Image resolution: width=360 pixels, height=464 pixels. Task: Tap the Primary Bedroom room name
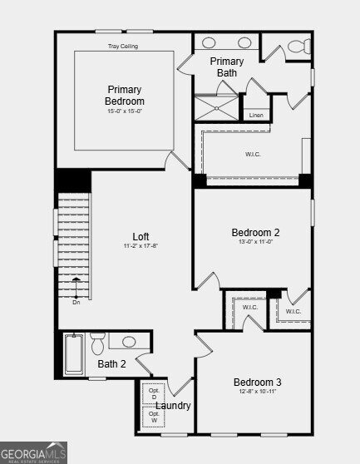click(x=124, y=96)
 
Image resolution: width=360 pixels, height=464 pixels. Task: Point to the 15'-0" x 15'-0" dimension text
click(x=124, y=111)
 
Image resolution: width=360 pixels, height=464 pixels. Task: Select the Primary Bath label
click(x=226, y=67)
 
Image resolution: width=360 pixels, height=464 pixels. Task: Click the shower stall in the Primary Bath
click(x=216, y=107)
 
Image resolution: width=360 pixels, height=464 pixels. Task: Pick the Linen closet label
click(x=256, y=115)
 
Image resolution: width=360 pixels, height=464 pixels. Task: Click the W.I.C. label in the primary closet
click(x=253, y=153)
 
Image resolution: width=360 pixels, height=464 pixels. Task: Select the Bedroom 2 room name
click(x=255, y=233)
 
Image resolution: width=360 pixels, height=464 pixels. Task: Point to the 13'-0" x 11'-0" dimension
click(x=255, y=242)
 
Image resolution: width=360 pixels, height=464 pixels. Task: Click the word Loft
click(x=141, y=236)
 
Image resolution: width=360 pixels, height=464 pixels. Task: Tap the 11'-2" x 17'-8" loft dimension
click(x=141, y=246)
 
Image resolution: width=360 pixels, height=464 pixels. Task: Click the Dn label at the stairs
click(x=76, y=302)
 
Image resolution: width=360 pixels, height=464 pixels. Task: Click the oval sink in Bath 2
click(x=128, y=342)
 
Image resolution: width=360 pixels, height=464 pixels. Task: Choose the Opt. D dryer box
click(x=154, y=393)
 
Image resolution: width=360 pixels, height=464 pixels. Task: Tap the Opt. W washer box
click(x=154, y=417)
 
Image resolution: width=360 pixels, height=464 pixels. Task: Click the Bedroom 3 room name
click(x=257, y=383)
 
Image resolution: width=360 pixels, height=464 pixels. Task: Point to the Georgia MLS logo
click(x=34, y=452)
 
